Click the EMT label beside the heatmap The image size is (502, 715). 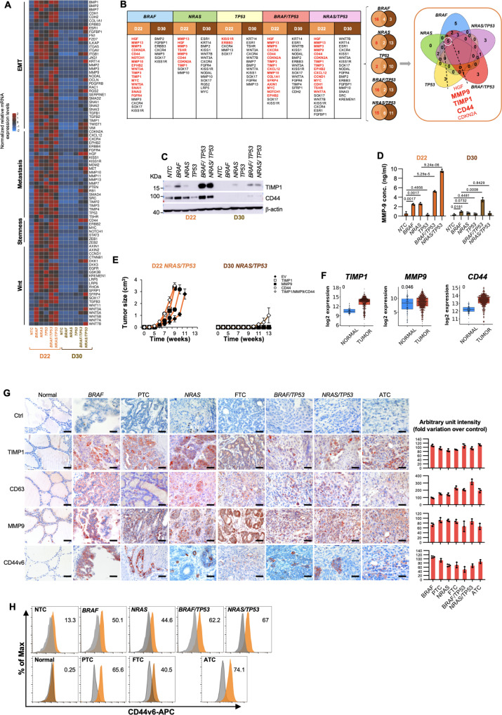(23, 70)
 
